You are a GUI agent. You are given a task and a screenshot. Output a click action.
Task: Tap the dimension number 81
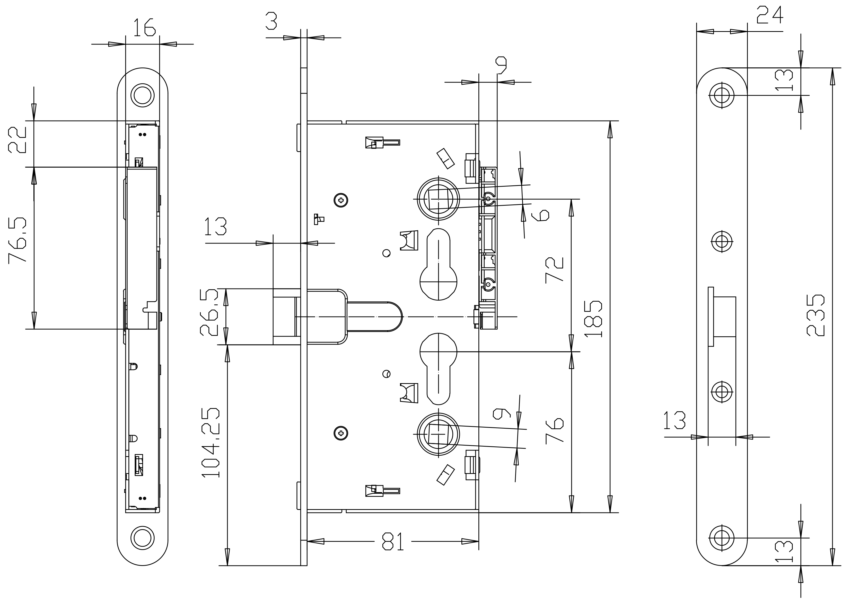[x=393, y=542]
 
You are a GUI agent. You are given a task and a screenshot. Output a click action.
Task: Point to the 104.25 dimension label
[x=211, y=443]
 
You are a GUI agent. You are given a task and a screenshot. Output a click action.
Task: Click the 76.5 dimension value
[x=18, y=240]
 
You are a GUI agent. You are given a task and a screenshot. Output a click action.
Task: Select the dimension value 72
[x=555, y=270]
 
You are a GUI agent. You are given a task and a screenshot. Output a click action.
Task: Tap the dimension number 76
[x=555, y=431]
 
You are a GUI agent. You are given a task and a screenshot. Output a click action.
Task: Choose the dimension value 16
[x=144, y=27]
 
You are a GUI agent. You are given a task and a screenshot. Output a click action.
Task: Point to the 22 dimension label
[x=17, y=140]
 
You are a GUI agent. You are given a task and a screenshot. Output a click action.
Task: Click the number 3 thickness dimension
[x=271, y=21]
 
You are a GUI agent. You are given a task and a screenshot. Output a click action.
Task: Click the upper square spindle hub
[x=439, y=199]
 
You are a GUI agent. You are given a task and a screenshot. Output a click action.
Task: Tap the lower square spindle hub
[x=439, y=434]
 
